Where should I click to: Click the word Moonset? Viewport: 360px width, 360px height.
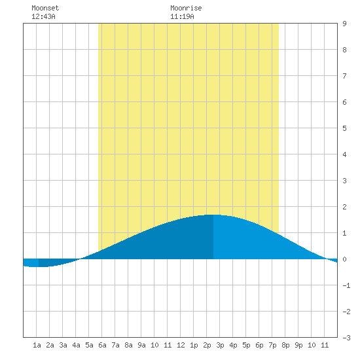(x=45, y=8)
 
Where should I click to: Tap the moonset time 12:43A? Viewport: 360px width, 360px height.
(x=43, y=16)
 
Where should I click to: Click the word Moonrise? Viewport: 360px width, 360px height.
(x=186, y=8)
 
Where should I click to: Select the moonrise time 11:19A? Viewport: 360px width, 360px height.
(x=182, y=16)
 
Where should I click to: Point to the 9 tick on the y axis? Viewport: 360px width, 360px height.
(x=344, y=24)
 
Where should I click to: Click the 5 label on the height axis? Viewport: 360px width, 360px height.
(x=344, y=128)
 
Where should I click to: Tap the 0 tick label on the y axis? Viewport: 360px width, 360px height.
(x=344, y=259)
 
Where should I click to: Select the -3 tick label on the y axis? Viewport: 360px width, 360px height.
(x=346, y=338)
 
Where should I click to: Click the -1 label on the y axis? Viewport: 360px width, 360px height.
(x=346, y=285)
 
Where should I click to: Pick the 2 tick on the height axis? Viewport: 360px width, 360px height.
(x=344, y=207)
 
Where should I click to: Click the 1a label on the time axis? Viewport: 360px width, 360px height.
(x=37, y=345)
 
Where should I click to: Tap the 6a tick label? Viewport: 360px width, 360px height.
(x=102, y=345)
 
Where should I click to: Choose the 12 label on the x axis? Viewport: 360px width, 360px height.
(x=181, y=345)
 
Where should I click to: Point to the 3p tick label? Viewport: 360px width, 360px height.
(x=220, y=345)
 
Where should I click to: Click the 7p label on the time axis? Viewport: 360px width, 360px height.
(x=272, y=345)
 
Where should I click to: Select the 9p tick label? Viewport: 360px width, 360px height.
(x=298, y=345)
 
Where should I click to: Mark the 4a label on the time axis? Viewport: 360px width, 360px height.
(x=76, y=345)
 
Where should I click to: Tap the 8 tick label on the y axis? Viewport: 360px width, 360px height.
(x=344, y=50)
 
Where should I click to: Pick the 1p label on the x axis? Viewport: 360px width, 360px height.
(x=194, y=345)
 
